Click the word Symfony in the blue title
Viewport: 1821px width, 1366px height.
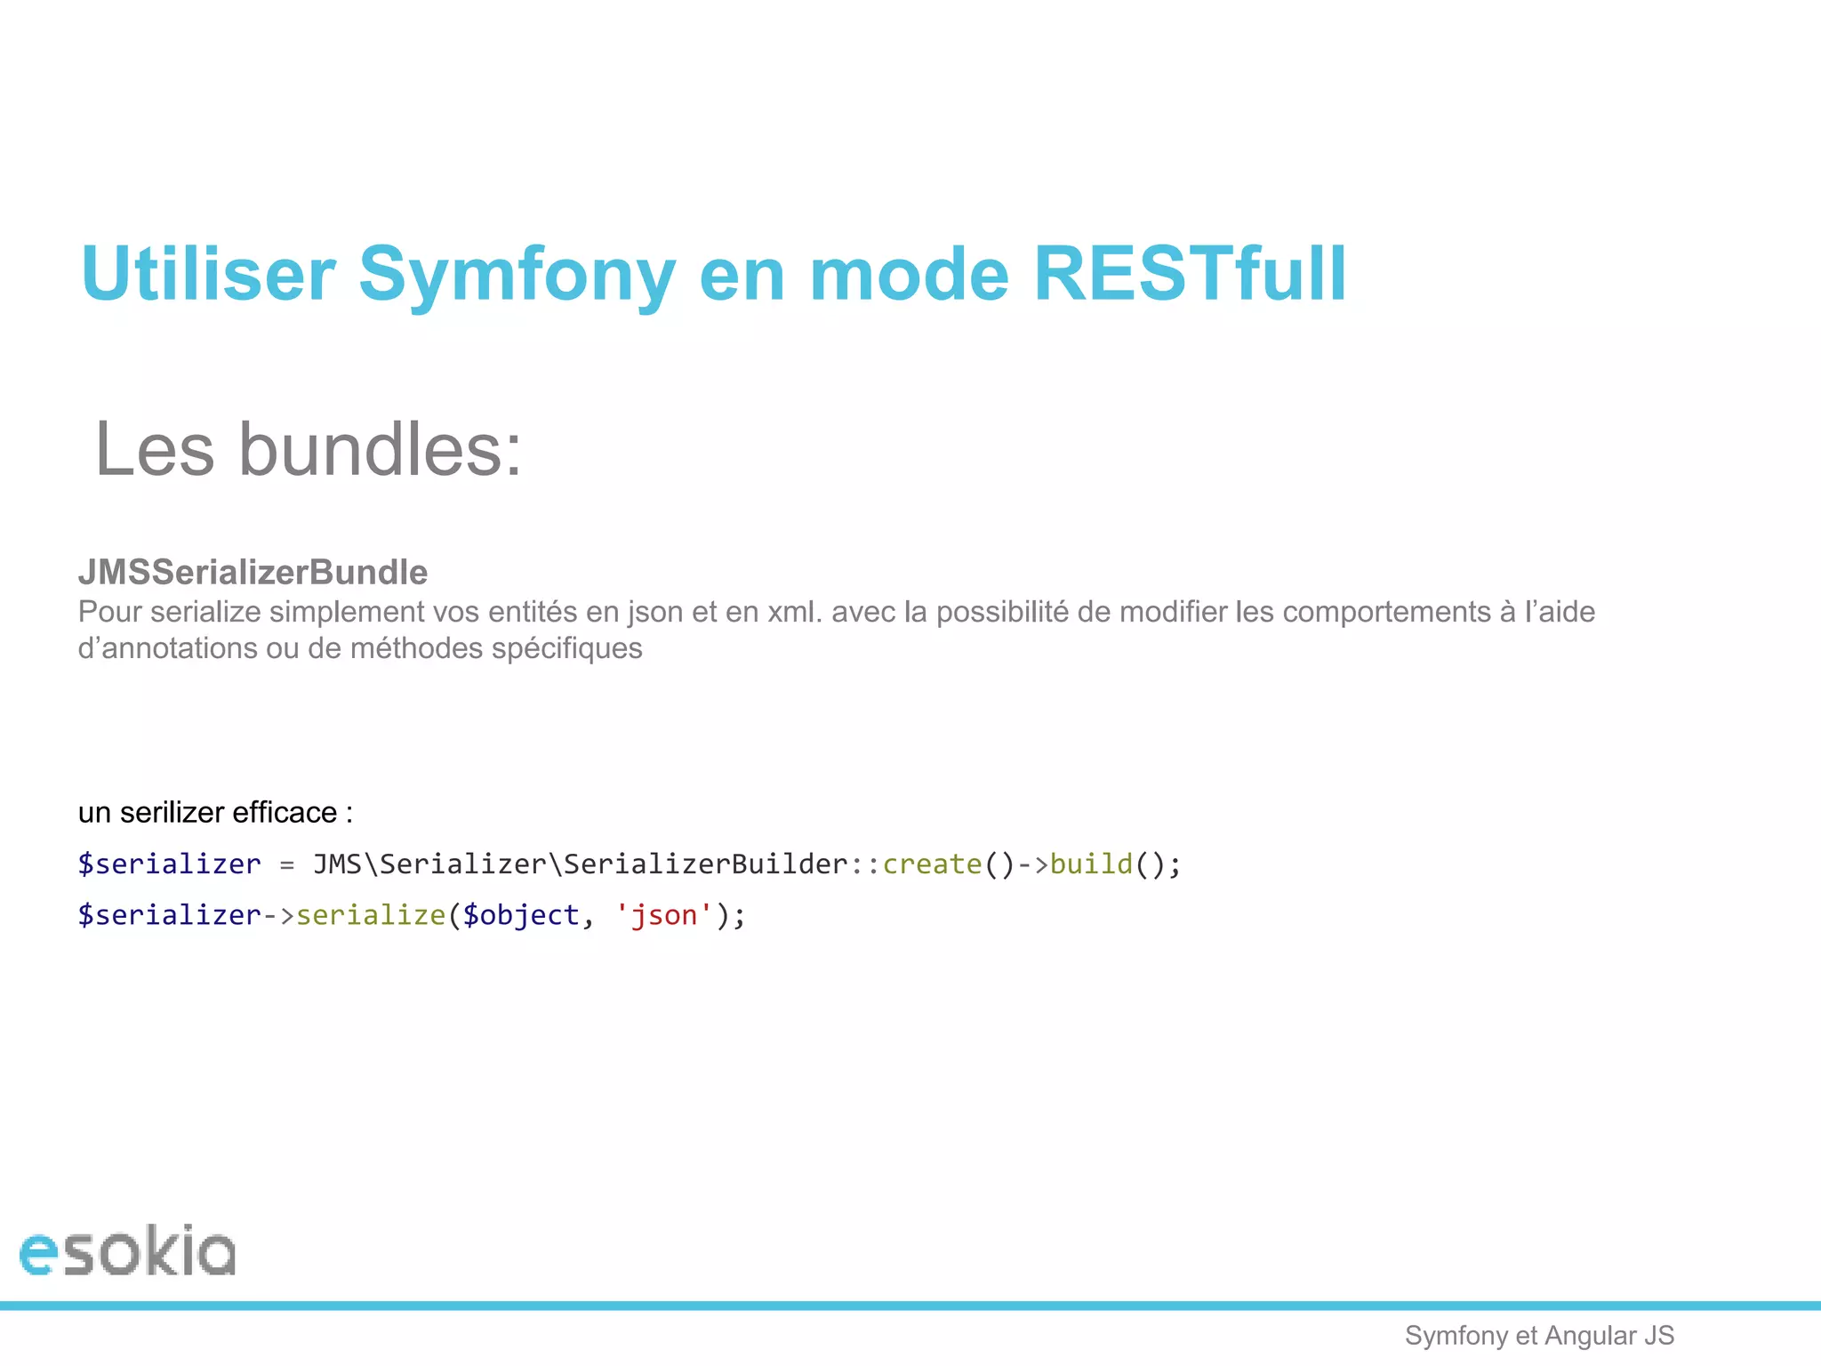coord(517,276)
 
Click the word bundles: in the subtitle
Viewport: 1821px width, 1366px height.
coord(381,450)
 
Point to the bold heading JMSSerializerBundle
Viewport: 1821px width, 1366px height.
coord(253,572)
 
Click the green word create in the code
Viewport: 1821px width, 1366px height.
coord(932,864)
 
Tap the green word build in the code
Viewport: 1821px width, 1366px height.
coord(1091,864)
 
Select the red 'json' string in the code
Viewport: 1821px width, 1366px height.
coord(663,915)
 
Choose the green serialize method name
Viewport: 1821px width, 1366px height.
coord(370,915)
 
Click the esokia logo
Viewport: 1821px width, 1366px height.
coord(127,1251)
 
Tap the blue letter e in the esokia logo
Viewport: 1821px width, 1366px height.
coord(38,1254)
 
